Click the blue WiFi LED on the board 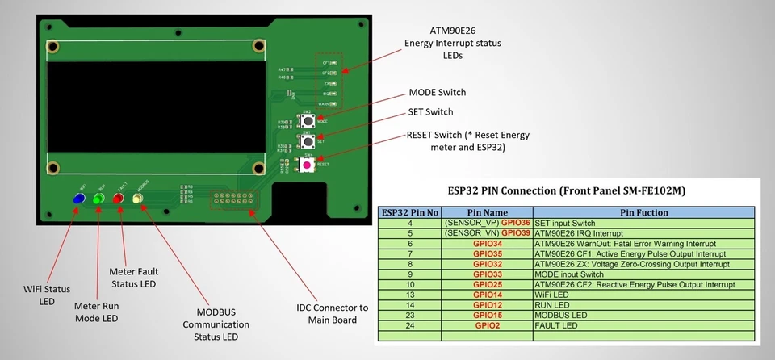[x=79, y=199]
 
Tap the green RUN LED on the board [x=98, y=199]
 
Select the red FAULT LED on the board [x=119, y=199]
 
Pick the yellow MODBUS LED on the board [x=137, y=199]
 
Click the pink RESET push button [x=307, y=165]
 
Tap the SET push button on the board [x=307, y=142]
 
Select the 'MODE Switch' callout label [x=437, y=93]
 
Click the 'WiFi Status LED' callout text [x=40, y=294]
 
